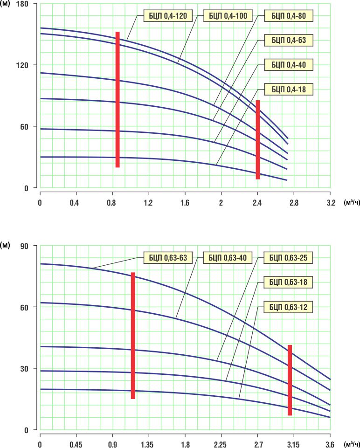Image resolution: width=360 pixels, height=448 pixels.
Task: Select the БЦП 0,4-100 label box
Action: (228, 16)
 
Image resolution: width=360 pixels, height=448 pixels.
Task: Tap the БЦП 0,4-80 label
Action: (289, 16)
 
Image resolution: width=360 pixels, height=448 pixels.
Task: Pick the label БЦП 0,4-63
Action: (289, 40)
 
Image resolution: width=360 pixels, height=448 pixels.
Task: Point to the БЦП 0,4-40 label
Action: (289, 64)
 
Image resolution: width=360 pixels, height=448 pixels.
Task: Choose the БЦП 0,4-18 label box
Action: (289, 89)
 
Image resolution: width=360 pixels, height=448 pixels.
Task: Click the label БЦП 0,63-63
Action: (165, 257)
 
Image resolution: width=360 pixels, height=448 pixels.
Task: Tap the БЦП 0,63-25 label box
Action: (288, 257)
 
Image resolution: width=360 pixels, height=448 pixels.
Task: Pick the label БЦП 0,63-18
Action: (288, 282)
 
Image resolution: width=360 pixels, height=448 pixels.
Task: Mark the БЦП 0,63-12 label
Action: (288, 307)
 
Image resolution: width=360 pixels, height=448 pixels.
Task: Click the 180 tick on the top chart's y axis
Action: (23, 4)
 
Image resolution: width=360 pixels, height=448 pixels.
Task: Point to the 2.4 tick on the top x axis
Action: (257, 203)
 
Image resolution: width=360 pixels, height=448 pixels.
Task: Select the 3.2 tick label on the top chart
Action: (330, 203)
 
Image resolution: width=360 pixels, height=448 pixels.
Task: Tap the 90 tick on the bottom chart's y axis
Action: (25, 246)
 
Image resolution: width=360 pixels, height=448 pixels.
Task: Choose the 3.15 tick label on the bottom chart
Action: (293, 445)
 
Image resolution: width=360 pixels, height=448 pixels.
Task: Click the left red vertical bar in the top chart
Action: (118, 99)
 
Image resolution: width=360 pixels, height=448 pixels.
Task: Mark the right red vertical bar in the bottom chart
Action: (290, 380)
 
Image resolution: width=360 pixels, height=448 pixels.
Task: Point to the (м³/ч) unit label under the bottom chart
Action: (351, 444)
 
